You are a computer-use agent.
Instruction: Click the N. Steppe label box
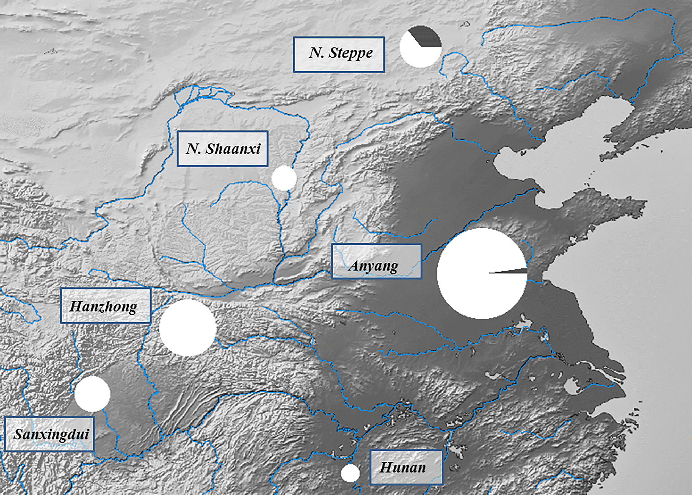339,54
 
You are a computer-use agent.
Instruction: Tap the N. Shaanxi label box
222,149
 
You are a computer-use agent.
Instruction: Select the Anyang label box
377,261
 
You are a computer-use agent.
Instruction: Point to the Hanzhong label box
105,306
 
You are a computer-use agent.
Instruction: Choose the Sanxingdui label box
49,434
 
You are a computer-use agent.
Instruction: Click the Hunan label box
406,467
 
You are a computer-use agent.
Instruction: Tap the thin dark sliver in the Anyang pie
516,271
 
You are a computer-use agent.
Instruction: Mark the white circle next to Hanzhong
188,328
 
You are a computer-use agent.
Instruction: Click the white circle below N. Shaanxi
284,178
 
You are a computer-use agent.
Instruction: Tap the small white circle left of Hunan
350,473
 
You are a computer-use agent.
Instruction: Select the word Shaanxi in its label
233,149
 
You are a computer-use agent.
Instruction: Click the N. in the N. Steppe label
316,53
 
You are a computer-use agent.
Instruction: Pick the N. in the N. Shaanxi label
193,148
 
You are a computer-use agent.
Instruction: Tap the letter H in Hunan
386,467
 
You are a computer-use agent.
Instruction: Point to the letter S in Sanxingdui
19,434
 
